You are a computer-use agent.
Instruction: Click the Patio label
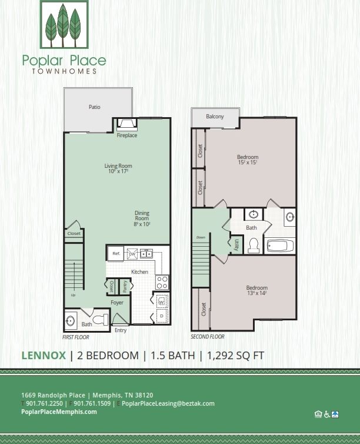94,107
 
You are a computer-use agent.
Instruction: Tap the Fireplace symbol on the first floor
127,124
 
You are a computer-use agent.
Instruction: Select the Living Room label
118,168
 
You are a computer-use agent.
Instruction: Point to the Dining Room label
142,218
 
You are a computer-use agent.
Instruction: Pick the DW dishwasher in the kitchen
132,254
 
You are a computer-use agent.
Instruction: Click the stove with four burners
162,282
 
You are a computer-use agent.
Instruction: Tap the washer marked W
162,301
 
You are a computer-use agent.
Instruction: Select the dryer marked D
162,317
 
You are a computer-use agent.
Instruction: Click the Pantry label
125,286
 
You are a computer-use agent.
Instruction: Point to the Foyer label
117,303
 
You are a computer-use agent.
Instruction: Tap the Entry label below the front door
121,330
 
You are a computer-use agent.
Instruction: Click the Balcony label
215,117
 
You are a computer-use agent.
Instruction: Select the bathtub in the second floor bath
281,245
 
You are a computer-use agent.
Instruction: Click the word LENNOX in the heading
44,355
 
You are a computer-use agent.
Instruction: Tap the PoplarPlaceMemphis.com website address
59,412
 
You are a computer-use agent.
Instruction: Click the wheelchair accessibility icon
326,414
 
